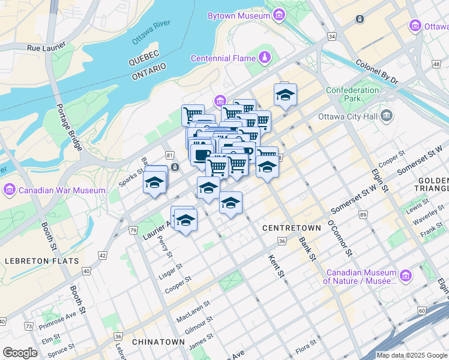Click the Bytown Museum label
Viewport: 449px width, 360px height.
pyautogui.click(x=238, y=16)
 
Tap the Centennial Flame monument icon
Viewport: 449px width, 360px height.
pyautogui.click(x=264, y=58)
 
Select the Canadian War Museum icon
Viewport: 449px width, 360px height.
pyautogui.click(x=9, y=190)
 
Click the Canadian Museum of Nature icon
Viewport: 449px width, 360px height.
pyautogui.click(x=406, y=275)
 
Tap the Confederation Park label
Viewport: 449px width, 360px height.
pyautogui.click(x=352, y=94)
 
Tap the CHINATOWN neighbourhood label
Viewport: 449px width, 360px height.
pyautogui.click(x=158, y=341)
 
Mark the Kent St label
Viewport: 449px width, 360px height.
pyautogui.click(x=274, y=266)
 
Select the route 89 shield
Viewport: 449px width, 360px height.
pyautogui.click(x=362, y=214)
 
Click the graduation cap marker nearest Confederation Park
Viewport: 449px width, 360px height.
pyautogui.click(x=285, y=94)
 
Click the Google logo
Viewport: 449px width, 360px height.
pyautogui.click(x=20, y=353)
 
